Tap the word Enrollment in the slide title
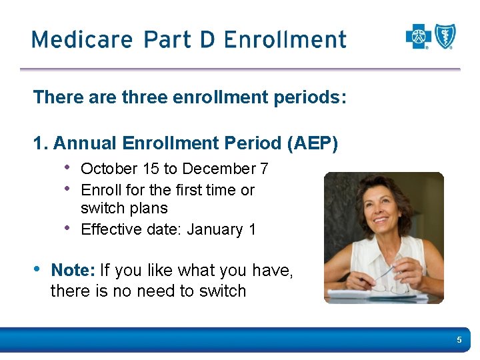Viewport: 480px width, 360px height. click(285, 39)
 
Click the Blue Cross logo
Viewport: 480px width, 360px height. click(419, 37)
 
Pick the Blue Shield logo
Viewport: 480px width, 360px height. click(445, 37)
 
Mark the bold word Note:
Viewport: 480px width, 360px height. click(73, 271)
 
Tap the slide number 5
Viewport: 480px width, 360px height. click(459, 341)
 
